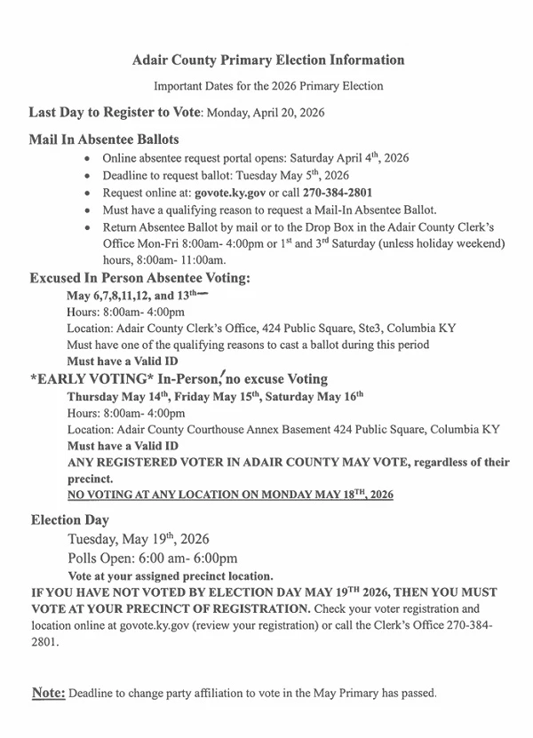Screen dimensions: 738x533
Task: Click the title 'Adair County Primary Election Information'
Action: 267,60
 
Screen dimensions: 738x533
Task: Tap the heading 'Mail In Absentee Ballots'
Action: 104,139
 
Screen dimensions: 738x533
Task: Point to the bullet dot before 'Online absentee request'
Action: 84,158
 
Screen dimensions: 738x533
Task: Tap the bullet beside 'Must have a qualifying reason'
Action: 84,210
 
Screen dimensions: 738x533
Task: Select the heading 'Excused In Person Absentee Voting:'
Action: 139,278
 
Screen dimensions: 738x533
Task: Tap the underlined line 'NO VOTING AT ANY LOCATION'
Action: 230,495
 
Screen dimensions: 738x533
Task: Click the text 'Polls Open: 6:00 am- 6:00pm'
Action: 153,559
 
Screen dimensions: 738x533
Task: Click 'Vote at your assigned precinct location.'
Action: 170,575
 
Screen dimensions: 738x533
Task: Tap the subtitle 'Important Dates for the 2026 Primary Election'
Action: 268,86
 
